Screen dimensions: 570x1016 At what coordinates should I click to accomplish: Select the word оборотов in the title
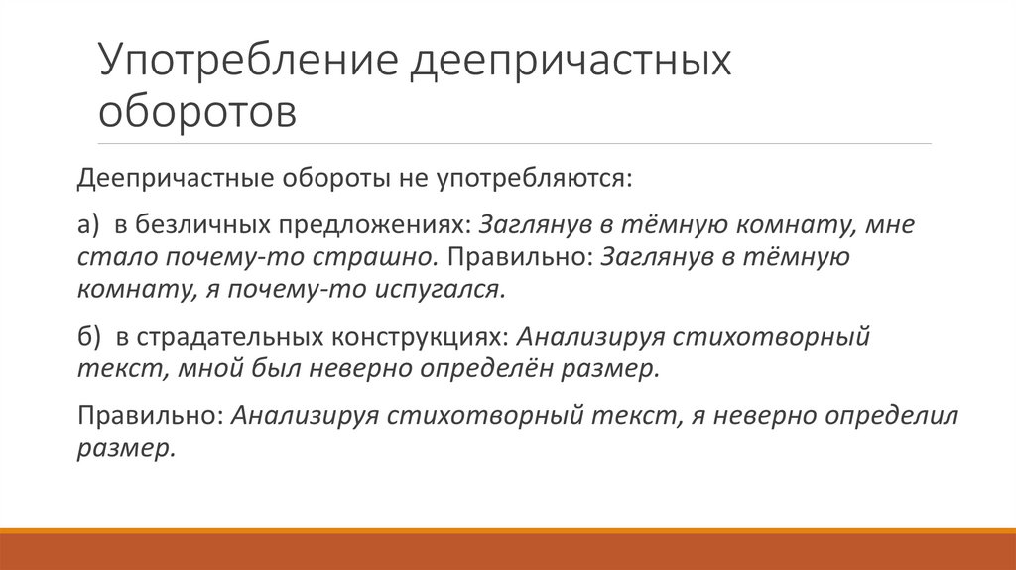[196, 111]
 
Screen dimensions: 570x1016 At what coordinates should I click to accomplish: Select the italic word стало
[108, 256]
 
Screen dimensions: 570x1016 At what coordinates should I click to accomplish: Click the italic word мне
[889, 224]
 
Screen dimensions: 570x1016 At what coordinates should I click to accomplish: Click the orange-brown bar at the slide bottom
[508, 549]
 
